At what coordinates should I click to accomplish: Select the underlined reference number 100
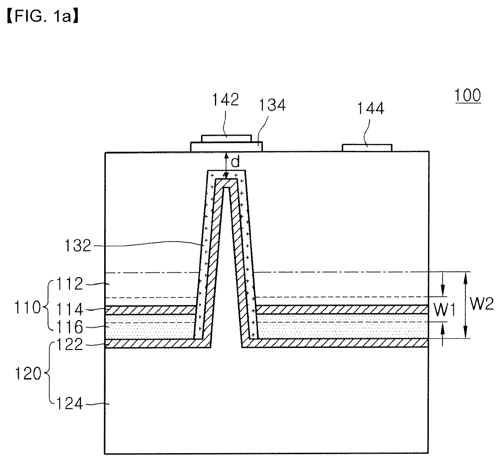(468, 95)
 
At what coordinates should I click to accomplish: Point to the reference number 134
(272, 105)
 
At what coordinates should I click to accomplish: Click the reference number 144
(371, 108)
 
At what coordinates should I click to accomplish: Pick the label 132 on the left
(78, 246)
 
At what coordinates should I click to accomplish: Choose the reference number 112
(70, 284)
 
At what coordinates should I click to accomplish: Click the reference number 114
(70, 309)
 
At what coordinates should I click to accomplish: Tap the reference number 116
(70, 327)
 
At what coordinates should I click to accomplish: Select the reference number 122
(70, 344)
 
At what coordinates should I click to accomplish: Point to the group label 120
(28, 374)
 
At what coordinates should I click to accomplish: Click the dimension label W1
(445, 310)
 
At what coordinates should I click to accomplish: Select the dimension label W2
(481, 304)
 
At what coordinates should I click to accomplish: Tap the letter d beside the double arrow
(235, 162)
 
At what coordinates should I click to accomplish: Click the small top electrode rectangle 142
(226, 139)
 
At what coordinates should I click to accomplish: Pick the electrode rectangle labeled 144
(367, 148)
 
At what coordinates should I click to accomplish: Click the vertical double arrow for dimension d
(226, 165)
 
